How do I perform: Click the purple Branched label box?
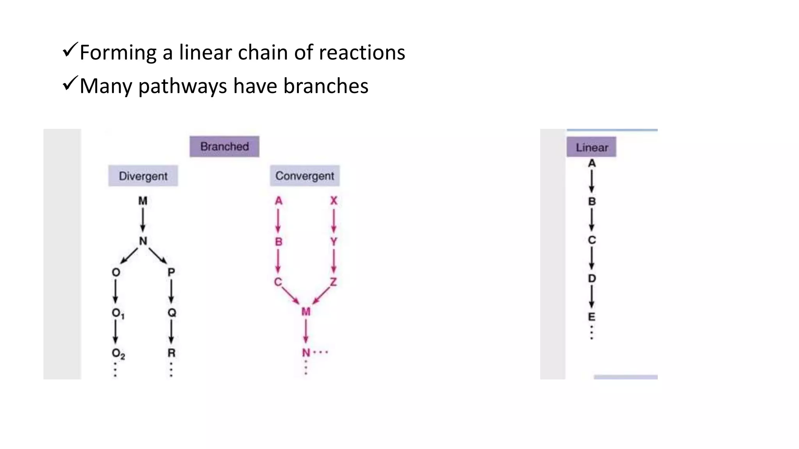[x=224, y=147]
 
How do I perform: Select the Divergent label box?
[x=143, y=176]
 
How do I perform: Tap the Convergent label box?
[x=305, y=176]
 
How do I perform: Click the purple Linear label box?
[x=591, y=147]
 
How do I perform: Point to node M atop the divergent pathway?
[x=143, y=201]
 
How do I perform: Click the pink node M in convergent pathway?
[x=306, y=312]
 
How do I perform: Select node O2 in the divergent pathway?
[x=118, y=354]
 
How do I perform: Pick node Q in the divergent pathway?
[x=172, y=313]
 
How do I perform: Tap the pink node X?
[x=334, y=201]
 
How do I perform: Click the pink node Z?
[x=333, y=281]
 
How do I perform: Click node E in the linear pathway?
[x=592, y=316]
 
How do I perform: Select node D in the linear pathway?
[x=592, y=278]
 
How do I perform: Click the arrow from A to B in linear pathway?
[x=592, y=182]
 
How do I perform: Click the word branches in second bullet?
[x=325, y=86]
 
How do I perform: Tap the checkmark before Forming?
[x=70, y=50]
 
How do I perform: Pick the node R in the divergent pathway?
[x=171, y=353]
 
